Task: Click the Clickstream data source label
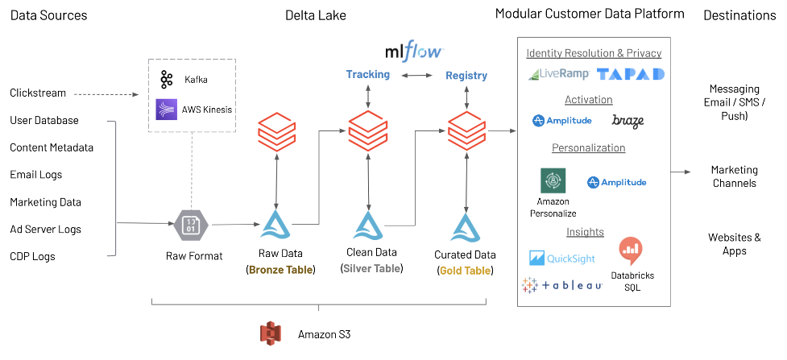click(38, 93)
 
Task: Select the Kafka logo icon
click(167, 79)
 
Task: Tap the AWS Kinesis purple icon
click(167, 109)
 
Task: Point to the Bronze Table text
click(280, 269)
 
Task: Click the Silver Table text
click(372, 269)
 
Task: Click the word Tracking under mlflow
click(367, 75)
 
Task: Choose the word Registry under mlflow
click(466, 76)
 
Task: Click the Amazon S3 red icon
click(271, 333)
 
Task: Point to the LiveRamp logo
click(559, 74)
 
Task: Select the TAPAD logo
click(631, 74)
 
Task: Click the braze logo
click(628, 121)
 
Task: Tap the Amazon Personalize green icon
click(553, 180)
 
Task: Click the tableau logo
click(561, 285)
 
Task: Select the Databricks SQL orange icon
click(632, 250)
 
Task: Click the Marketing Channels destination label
click(733, 176)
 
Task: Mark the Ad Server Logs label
click(46, 230)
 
